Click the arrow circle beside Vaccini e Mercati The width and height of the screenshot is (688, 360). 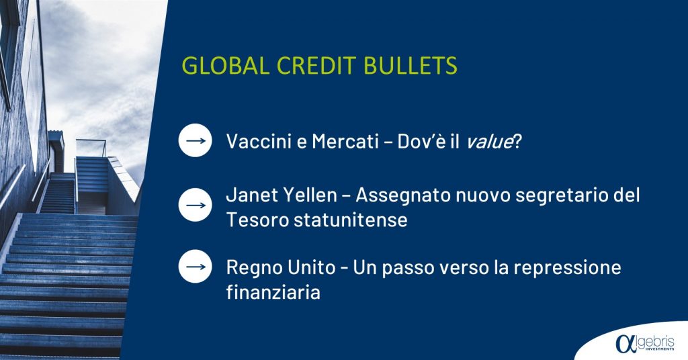pyautogui.click(x=196, y=140)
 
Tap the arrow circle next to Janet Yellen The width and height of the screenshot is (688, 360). pyautogui.click(x=196, y=205)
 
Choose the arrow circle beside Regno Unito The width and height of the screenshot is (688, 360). pyautogui.click(x=196, y=267)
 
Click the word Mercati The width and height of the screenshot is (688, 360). pyautogui.click(x=345, y=141)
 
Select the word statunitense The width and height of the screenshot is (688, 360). pyautogui.click(x=351, y=220)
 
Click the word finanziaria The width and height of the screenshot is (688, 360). pyautogui.click(x=273, y=292)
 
